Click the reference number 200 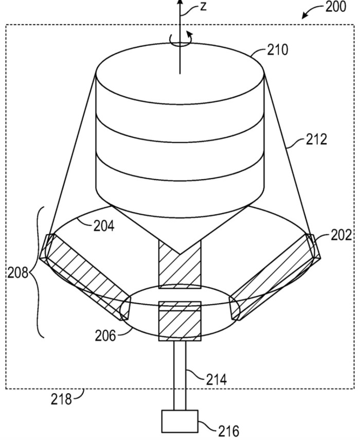[336, 6]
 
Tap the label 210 [277, 50]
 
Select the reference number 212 [316, 139]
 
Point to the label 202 [341, 235]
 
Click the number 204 [104, 226]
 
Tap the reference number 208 [17, 272]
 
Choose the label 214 [217, 379]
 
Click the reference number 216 [228, 431]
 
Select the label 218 [61, 399]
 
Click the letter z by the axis [203, 7]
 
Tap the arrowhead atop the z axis [180, 2]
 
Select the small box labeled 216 [180, 421]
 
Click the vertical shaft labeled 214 [179, 376]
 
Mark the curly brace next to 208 [38, 272]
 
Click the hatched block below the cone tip [179, 265]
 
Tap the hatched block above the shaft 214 [180, 321]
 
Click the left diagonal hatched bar [85, 277]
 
